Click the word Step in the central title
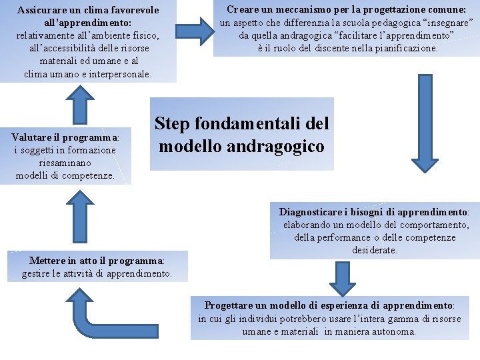[173, 124]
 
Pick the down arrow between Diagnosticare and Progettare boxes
[343, 277]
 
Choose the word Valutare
[33, 137]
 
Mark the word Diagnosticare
[311, 212]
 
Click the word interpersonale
[117, 73]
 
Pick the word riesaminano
[65, 163]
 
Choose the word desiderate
[375, 250]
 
